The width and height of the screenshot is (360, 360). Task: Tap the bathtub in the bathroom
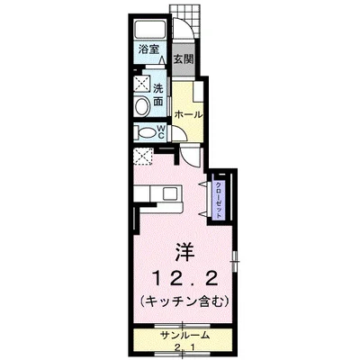pos(149,27)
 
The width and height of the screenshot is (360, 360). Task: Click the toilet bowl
pos(144,131)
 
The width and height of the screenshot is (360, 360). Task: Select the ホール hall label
pos(186,115)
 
